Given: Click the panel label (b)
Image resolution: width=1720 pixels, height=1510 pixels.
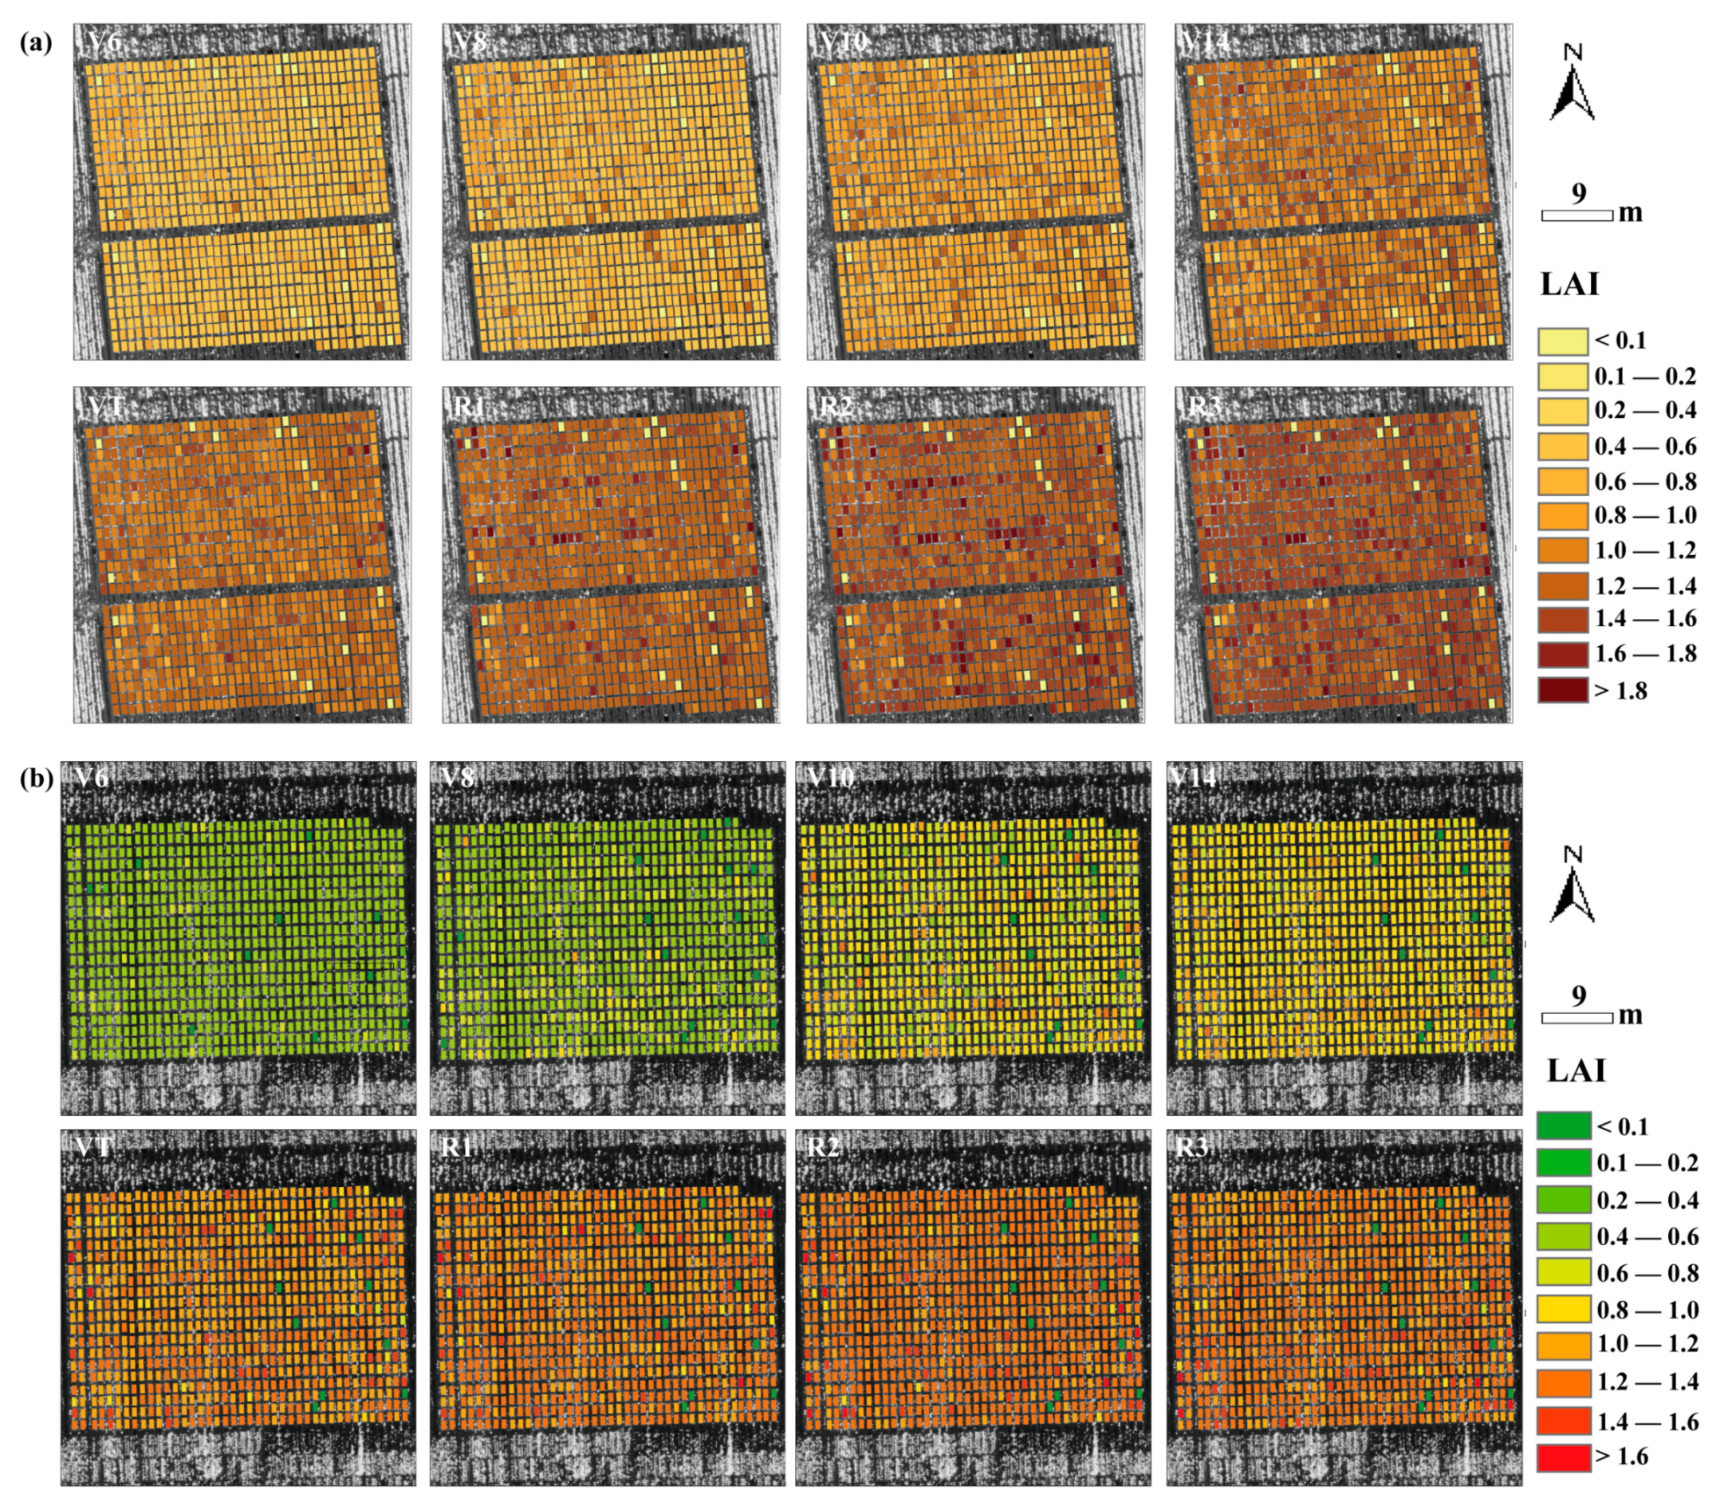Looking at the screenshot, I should coord(35,779).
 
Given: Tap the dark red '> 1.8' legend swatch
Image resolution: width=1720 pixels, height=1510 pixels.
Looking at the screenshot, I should coord(1563,690).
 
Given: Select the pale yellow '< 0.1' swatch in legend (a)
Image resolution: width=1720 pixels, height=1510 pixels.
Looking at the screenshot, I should coord(1563,341).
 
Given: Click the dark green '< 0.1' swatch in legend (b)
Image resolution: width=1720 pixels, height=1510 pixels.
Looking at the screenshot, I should coord(1564,1126).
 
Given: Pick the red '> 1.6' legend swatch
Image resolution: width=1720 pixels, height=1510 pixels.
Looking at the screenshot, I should coord(1564,1457).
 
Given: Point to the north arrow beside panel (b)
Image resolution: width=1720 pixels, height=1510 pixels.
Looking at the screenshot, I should coord(1572,885).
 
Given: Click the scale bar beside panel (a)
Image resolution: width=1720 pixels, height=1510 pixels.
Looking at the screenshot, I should coord(1577,215).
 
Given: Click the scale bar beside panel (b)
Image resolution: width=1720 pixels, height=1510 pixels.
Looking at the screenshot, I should coord(1577,1019).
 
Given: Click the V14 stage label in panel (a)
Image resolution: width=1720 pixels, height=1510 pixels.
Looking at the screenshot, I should coord(1206,42).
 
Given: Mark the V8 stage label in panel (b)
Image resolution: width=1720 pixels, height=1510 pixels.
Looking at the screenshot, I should coord(457,778).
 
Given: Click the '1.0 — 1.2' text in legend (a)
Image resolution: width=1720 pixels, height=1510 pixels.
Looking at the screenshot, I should coord(1645,550).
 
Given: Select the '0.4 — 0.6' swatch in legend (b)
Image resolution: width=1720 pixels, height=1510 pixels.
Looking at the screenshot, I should coord(1564,1236).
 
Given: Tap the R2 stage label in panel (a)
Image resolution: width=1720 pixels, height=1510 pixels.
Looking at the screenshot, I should coord(836,407).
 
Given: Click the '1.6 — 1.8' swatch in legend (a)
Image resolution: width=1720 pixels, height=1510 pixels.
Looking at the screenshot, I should coord(1563,654).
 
